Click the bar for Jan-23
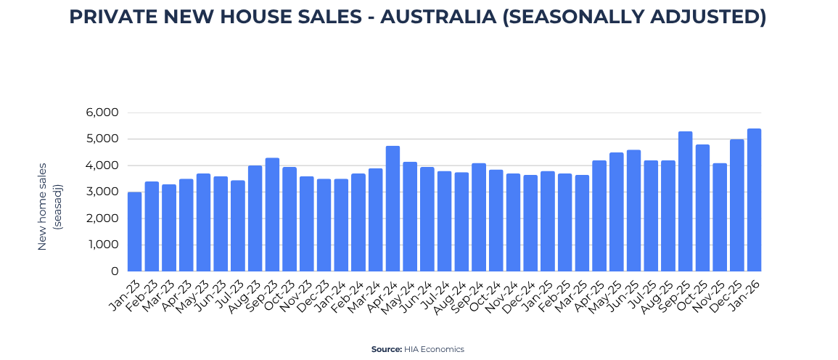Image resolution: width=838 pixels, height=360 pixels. [134, 232]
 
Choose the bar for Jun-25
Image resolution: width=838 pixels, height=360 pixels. [633, 210]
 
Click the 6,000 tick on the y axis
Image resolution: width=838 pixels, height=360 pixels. [102, 112]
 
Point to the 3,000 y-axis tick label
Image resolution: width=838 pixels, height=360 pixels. [102, 192]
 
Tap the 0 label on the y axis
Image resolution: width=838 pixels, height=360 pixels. [114, 271]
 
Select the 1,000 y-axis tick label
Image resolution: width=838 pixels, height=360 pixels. [103, 245]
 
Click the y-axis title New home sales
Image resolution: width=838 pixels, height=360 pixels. [42, 207]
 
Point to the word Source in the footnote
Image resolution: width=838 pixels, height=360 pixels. [386, 349]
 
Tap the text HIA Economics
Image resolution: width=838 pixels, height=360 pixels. [434, 349]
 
